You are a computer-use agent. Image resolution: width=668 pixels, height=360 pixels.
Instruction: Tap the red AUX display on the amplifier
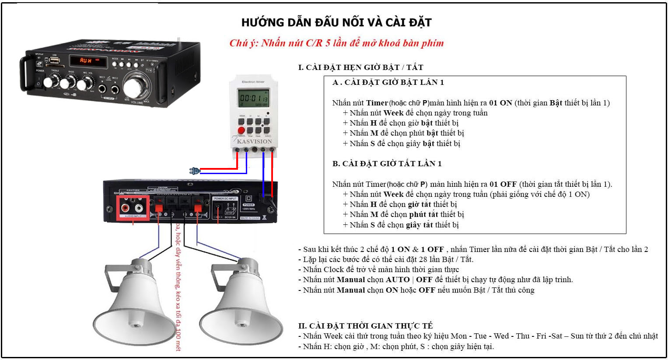coord(86,60)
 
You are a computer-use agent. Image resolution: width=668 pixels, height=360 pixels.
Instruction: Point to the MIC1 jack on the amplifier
coord(103,89)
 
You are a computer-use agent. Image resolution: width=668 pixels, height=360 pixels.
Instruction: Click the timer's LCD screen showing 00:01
coord(253,98)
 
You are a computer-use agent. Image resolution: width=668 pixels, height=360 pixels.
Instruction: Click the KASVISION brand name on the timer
coord(254,141)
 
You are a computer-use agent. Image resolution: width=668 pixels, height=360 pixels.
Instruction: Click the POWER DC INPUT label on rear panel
coord(225,199)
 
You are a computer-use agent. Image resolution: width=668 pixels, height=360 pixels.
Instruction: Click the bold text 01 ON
coord(500,103)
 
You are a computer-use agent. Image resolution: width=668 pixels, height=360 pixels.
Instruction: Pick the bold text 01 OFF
coord(503,184)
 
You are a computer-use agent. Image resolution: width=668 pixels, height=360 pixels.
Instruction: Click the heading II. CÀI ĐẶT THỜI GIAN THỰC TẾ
coord(365,326)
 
